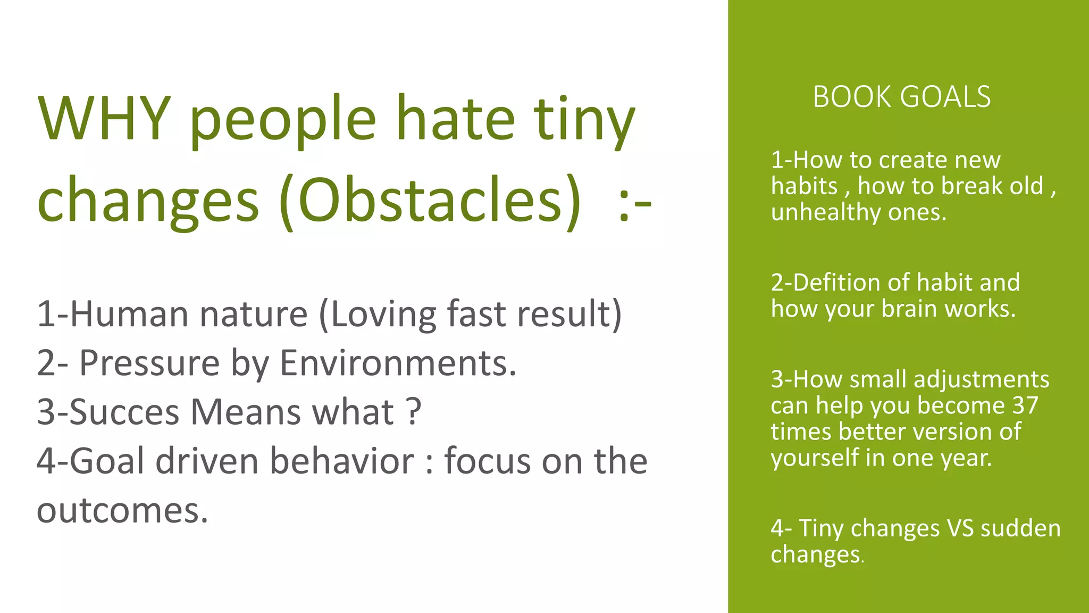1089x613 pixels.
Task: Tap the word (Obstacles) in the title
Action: pyautogui.click(x=430, y=200)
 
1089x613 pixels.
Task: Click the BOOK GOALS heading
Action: pyautogui.click(x=902, y=97)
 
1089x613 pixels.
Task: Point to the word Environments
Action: pyautogui.click(x=398, y=363)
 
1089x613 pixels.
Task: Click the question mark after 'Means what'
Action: pyautogui.click(x=413, y=412)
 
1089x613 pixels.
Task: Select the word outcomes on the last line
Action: pyautogui.click(x=122, y=510)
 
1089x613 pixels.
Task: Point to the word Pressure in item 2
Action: pyautogui.click(x=149, y=363)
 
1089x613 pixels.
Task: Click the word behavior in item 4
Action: pyautogui.click(x=341, y=461)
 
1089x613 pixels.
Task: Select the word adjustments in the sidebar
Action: pyautogui.click(x=981, y=379)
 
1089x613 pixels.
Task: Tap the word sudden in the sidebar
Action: pyautogui.click(x=1020, y=528)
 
